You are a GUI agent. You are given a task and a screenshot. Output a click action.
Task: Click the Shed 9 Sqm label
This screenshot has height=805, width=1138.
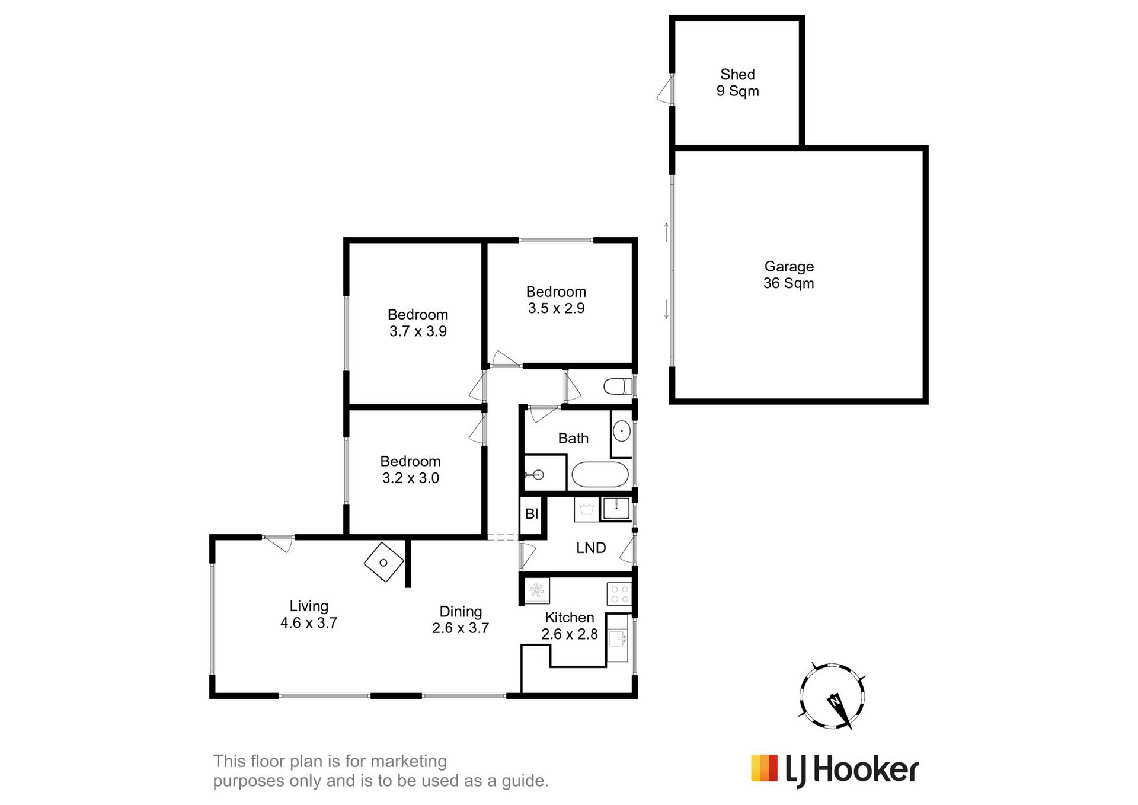tap(737, 82)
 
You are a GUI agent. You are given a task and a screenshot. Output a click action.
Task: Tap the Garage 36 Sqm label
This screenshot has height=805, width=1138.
tap(788, 274)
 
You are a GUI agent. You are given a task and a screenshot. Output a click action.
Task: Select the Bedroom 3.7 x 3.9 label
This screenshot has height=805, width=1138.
tap(418, 322)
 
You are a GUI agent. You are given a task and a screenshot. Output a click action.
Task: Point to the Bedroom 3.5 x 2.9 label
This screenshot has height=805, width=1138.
tap(556, 300)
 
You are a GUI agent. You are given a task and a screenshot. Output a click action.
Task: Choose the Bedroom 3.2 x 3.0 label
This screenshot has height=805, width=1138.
tap(410, 469)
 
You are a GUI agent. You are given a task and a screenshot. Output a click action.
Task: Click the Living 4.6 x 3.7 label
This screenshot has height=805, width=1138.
tap(309, 614)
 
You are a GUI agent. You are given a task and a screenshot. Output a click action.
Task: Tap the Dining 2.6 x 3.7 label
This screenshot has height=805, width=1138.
tap(461, 619)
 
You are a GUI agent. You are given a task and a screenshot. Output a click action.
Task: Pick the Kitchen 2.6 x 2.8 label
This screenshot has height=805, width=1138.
tap(569, 625)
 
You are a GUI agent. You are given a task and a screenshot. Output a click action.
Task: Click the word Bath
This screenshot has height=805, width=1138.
tap(573, 438)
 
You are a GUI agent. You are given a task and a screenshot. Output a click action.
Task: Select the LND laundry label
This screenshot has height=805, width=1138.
tap(591, 548)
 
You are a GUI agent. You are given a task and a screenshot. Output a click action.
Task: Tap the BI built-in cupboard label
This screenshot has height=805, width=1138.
tap(532, 513)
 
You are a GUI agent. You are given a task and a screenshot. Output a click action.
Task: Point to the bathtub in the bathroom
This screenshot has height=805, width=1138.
tap(600, 474)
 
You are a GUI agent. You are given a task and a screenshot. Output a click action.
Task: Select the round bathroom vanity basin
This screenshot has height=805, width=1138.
tap(621, 431)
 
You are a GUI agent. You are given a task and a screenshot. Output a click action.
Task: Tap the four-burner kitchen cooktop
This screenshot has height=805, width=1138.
tap(619, 594)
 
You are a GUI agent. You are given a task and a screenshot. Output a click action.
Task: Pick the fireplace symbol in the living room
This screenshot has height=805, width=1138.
tap(383, 562)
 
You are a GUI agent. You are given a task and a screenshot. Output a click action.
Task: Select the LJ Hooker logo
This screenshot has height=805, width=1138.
tap(835, 770)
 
